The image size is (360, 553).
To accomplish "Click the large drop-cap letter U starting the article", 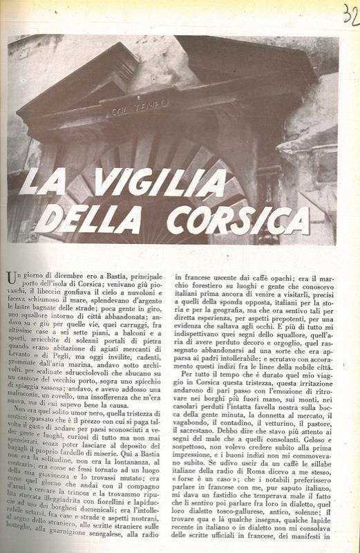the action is [11, 279].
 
